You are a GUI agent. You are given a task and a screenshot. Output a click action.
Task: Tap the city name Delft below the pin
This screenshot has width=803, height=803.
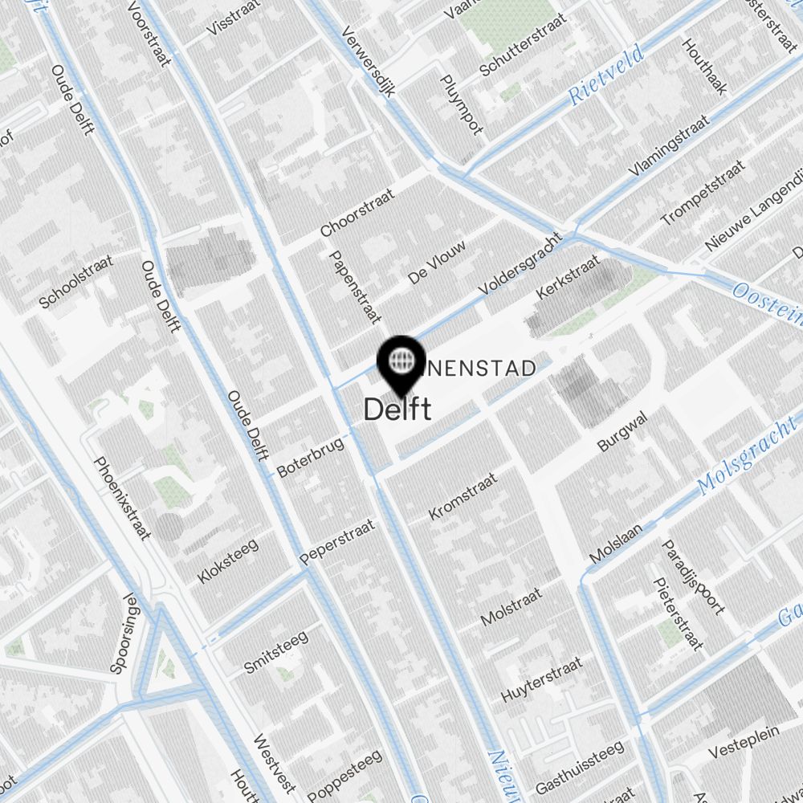(397, 410)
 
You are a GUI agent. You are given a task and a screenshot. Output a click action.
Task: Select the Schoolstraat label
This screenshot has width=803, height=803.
(76, 282)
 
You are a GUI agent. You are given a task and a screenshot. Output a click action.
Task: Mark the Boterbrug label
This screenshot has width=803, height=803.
(310, 457)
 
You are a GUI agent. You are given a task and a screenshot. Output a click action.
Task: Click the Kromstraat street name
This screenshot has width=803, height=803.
(463, 496)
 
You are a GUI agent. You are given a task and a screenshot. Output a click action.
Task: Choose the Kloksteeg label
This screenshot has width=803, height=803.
(227, 561)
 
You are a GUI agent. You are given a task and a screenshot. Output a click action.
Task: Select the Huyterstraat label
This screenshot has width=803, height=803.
(540, 680)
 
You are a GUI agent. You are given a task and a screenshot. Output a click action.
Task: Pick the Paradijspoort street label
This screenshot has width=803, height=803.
(693, 576)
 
